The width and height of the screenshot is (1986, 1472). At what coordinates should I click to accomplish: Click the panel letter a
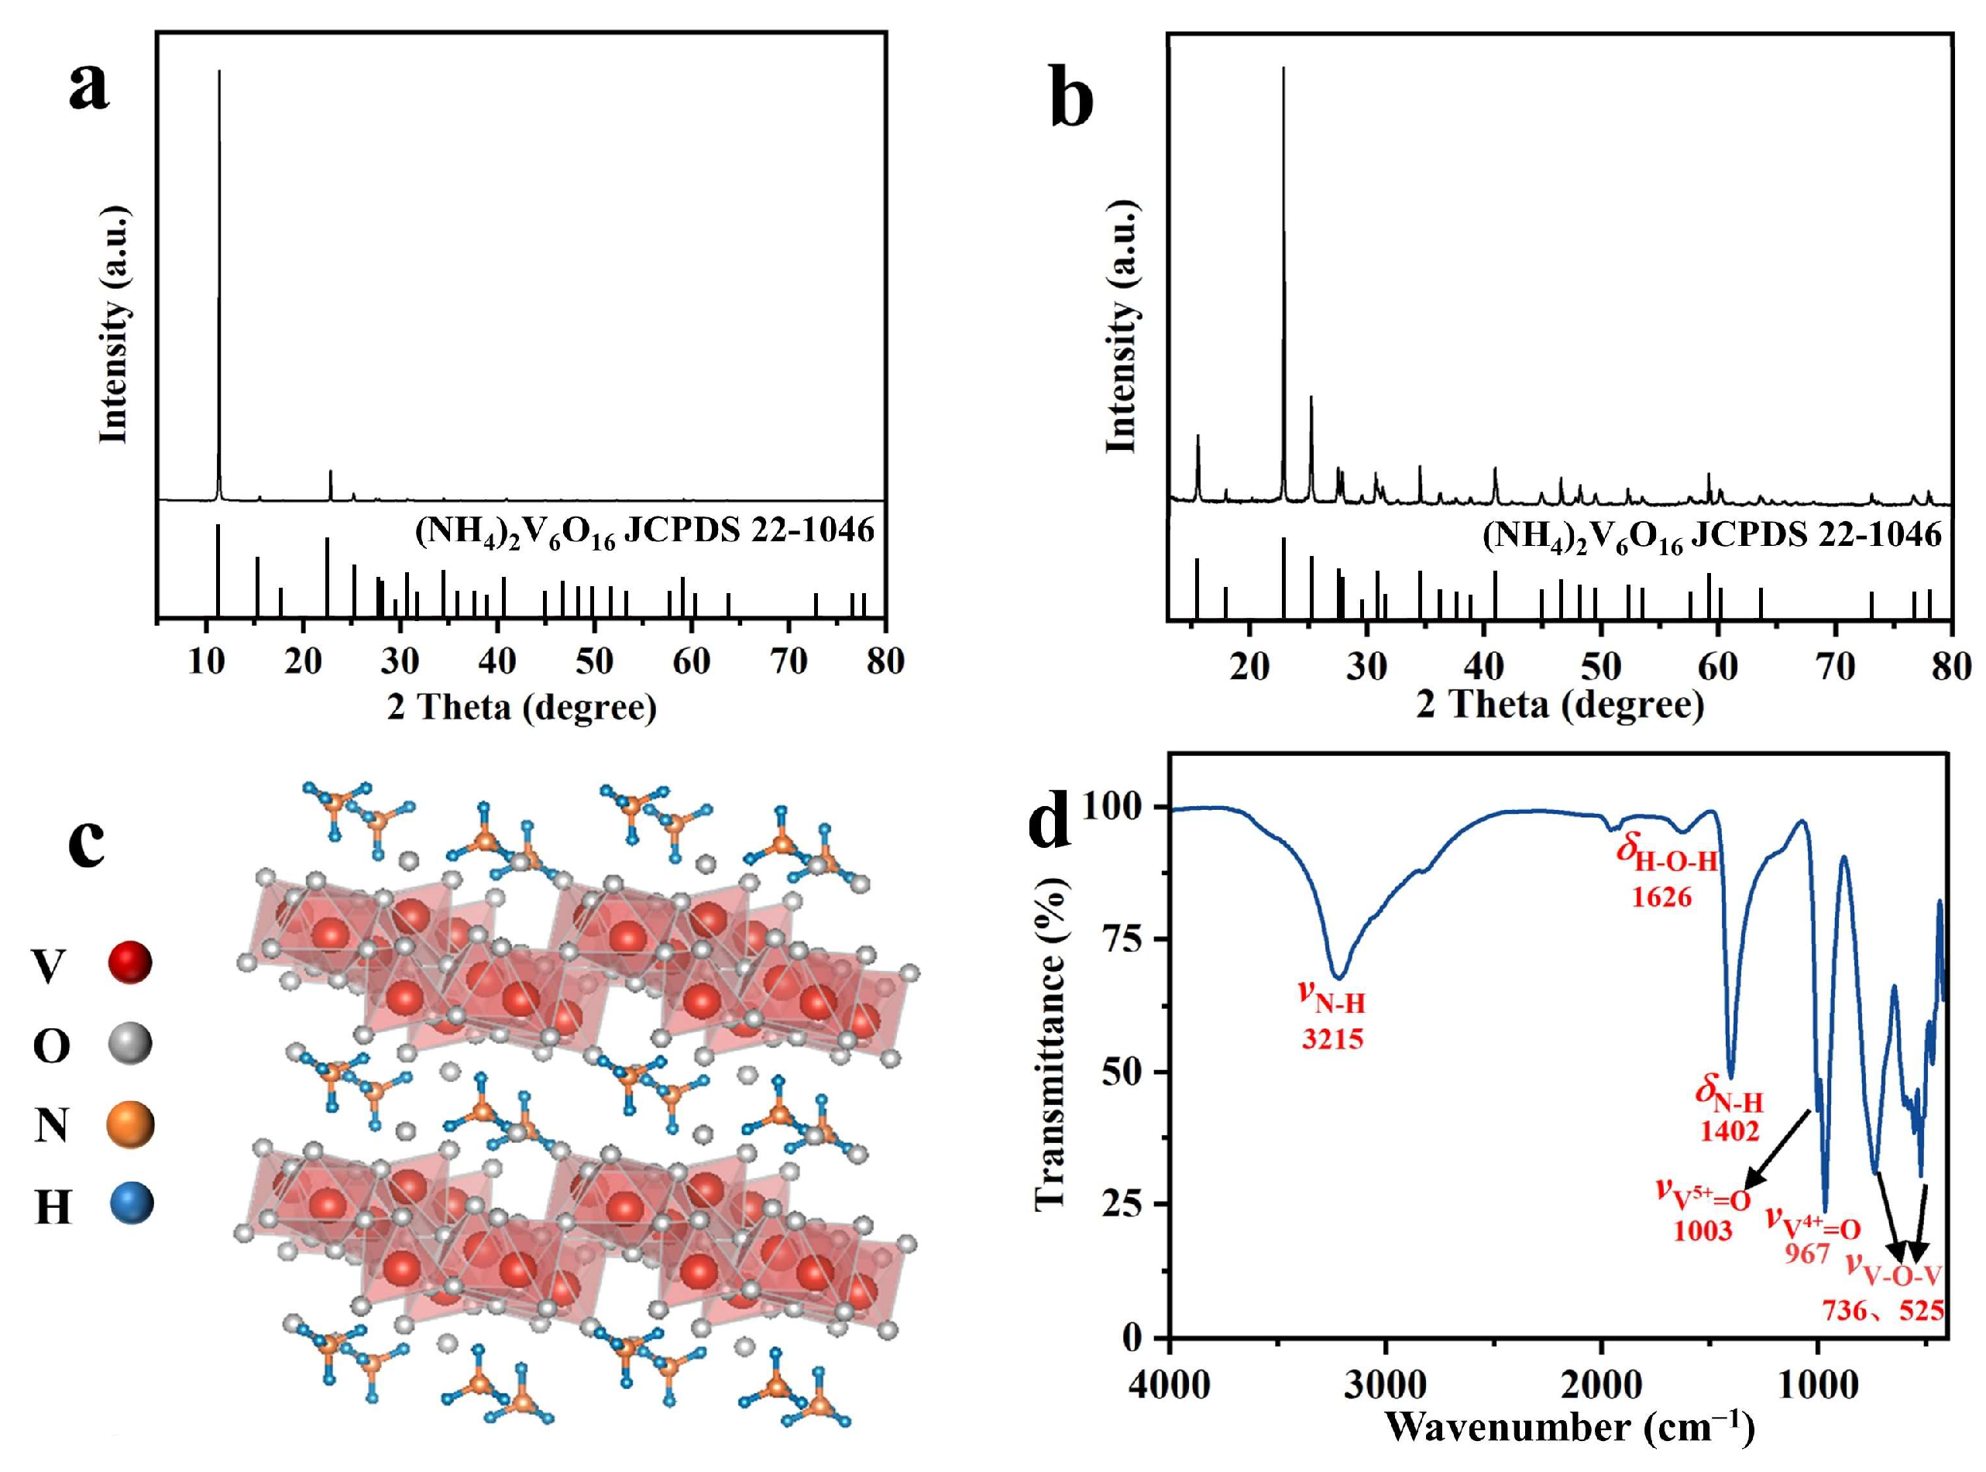[89, 89]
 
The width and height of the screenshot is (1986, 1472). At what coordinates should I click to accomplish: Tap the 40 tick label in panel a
[496, 661]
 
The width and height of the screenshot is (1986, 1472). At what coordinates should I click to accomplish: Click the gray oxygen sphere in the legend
[130, 1044]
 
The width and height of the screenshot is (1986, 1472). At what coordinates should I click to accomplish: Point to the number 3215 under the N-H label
[1331, 1039]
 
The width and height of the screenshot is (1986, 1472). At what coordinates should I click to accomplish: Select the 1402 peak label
[1730, 1131]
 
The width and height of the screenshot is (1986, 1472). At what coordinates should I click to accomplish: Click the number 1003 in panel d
[1703, 1230]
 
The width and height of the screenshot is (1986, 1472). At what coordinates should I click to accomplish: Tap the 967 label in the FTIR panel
[1807, 1254]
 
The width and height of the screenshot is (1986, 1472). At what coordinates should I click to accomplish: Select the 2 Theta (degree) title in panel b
[1560, 705]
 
